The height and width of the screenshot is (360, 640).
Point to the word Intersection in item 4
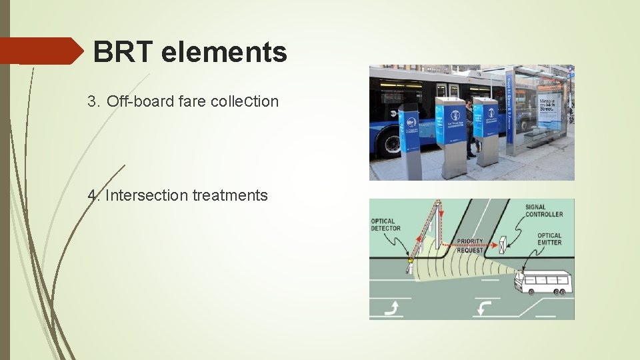point(147,195)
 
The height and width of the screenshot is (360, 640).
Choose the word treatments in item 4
point(230,195)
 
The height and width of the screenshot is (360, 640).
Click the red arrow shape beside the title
point(40,51)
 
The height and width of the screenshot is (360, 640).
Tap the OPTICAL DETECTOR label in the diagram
point(385,225)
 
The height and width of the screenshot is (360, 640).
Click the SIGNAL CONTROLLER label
point(543,211)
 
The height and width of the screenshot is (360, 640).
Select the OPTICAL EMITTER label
point(549,239)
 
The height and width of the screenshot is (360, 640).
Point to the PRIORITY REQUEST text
point(470,245)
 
